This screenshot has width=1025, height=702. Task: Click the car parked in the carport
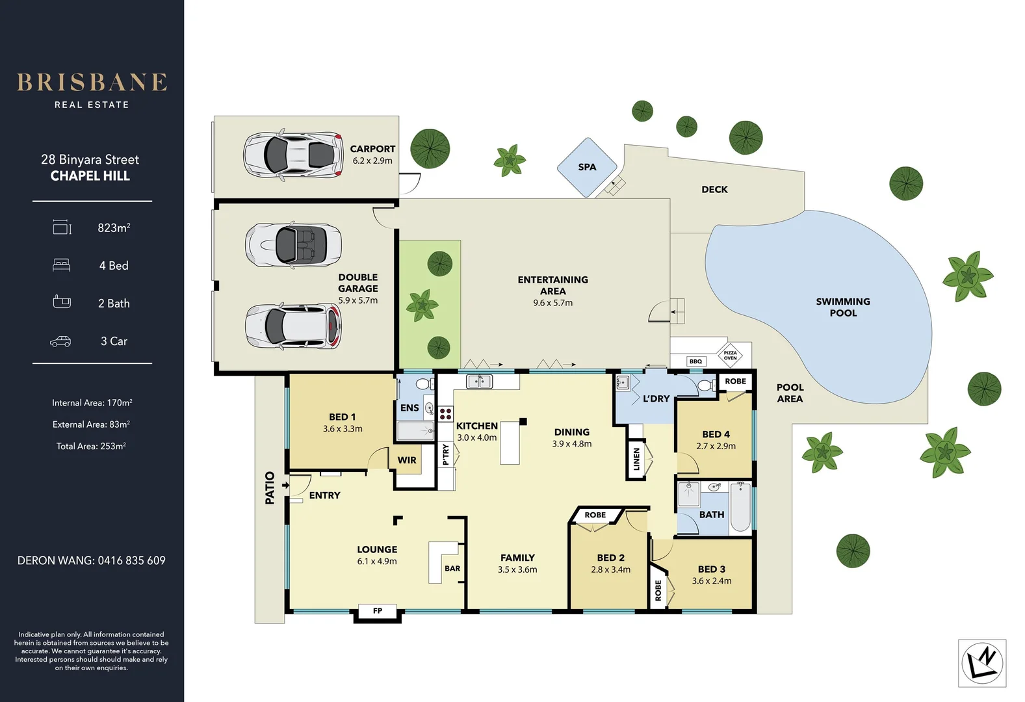[x=293, y=155]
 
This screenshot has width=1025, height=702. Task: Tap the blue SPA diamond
[x=587, y=167]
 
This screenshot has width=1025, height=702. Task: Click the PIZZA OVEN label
[x=730, y=356]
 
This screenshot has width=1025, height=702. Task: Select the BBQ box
[x=695, y=361]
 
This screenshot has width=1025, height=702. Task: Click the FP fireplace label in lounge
[x=378, y=611]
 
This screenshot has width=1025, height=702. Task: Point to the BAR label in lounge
[x=452, y=568]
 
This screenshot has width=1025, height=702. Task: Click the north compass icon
[x=982, y=663]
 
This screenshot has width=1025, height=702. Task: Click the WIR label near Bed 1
[x=407, y=460]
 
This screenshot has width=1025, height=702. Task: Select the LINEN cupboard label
[x=636, y=459]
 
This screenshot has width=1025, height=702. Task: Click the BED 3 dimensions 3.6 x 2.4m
[x=712, y=581]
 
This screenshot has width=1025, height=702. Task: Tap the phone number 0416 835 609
[x=131, y=560]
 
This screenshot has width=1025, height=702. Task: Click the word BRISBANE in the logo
[x=92, y=83]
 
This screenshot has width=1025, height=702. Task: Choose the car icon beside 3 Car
[x=60, y=341]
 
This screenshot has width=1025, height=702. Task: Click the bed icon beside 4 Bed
[x=61, y=265]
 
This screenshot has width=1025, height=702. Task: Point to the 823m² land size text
[x=114, y=227]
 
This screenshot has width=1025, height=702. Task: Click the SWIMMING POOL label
[x=843, y=307]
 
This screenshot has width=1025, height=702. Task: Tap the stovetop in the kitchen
[x=445, y=413]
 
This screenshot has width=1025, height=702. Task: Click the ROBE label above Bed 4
[x=735, y=382]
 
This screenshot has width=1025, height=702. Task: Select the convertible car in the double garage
[x=293, y=245]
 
